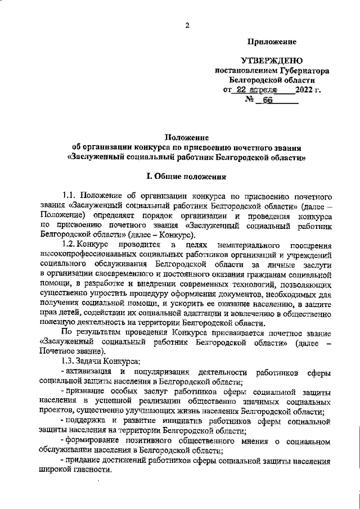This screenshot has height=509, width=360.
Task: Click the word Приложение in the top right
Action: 273,42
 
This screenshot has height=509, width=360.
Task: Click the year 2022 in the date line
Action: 304,90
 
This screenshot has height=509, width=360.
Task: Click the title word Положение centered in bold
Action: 186,137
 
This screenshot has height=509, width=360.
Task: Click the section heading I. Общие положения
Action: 186,177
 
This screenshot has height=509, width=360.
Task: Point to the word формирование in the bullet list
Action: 92,440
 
